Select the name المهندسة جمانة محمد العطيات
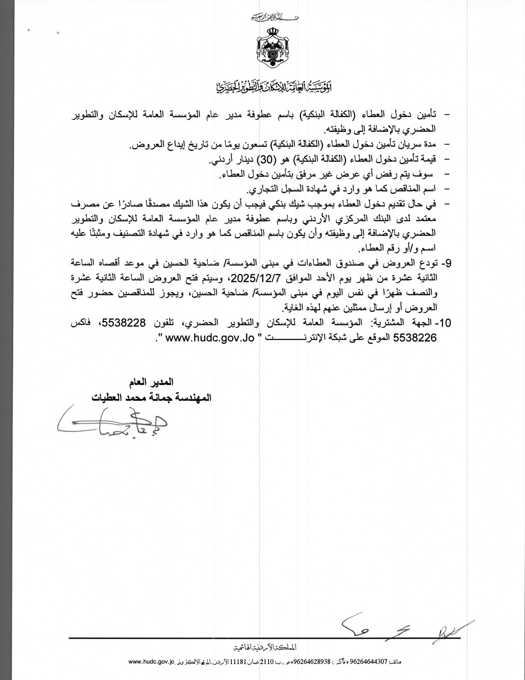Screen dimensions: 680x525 click(151, 398)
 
